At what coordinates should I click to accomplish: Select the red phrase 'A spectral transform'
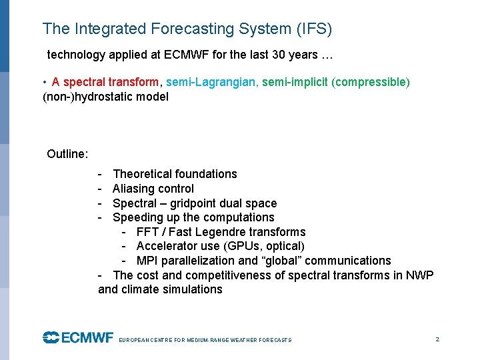coord(106,82)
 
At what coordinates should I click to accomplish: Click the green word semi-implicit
coord(295,82)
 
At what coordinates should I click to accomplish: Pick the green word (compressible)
coord(371,82)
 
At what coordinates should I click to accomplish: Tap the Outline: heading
coord(67,154)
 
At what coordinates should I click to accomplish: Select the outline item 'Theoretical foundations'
coord(175,174)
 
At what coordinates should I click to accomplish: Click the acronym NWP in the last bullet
coord(420,275)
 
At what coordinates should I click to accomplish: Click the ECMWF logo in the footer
coord(78,338)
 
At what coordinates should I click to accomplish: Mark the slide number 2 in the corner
coord(437,339)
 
